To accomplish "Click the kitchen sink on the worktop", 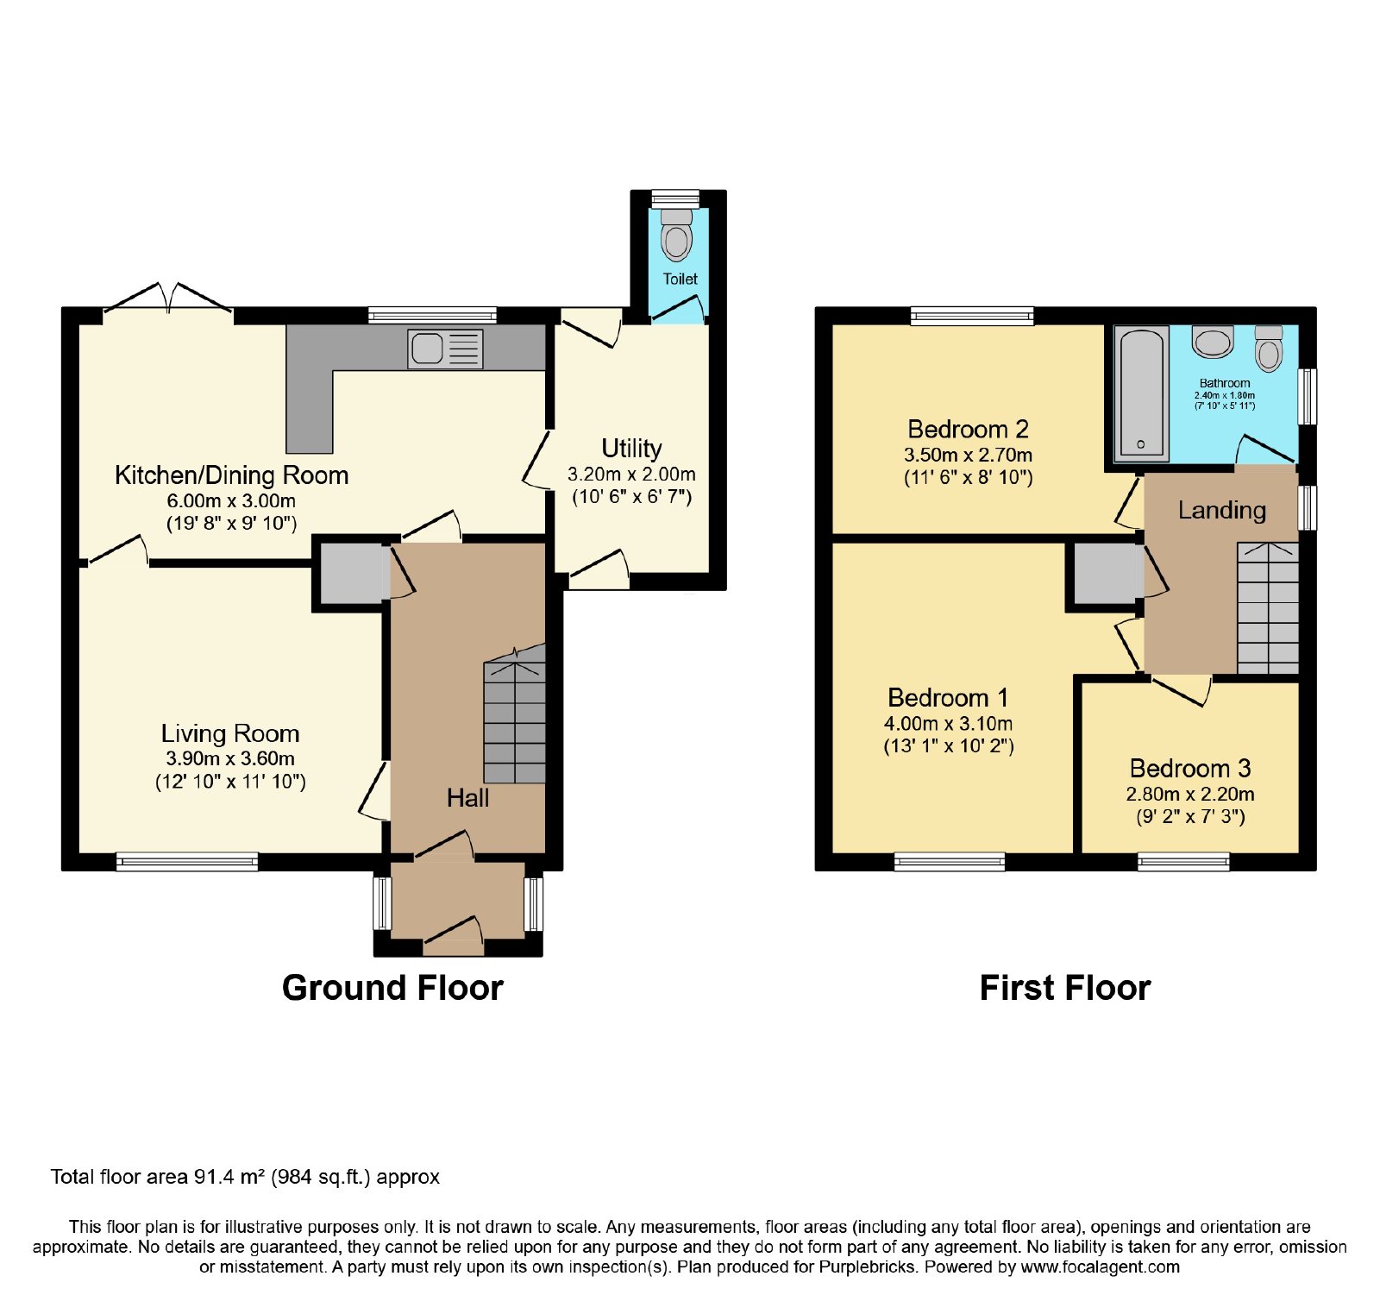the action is point(445,349).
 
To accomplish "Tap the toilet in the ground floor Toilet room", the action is point(677,234).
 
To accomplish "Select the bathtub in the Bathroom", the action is point(1141,393).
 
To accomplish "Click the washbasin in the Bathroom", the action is point(1213,341).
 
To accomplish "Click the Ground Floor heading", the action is point(392,988).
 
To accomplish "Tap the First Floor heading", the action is point(1065,988).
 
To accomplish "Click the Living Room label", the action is point(230,733).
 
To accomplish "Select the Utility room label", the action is point(631,449).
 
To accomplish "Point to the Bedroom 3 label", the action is point(1190,768).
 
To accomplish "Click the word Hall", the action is point(467,798).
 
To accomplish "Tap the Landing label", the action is point(1222,510).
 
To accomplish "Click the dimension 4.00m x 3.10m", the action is point(948,723).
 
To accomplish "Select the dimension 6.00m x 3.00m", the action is point(231,500).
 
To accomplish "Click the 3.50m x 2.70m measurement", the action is point(968,455).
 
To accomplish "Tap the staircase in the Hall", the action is point(515,714).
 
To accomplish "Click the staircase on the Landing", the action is point(1268,608).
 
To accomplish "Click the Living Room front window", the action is point(187,861).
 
